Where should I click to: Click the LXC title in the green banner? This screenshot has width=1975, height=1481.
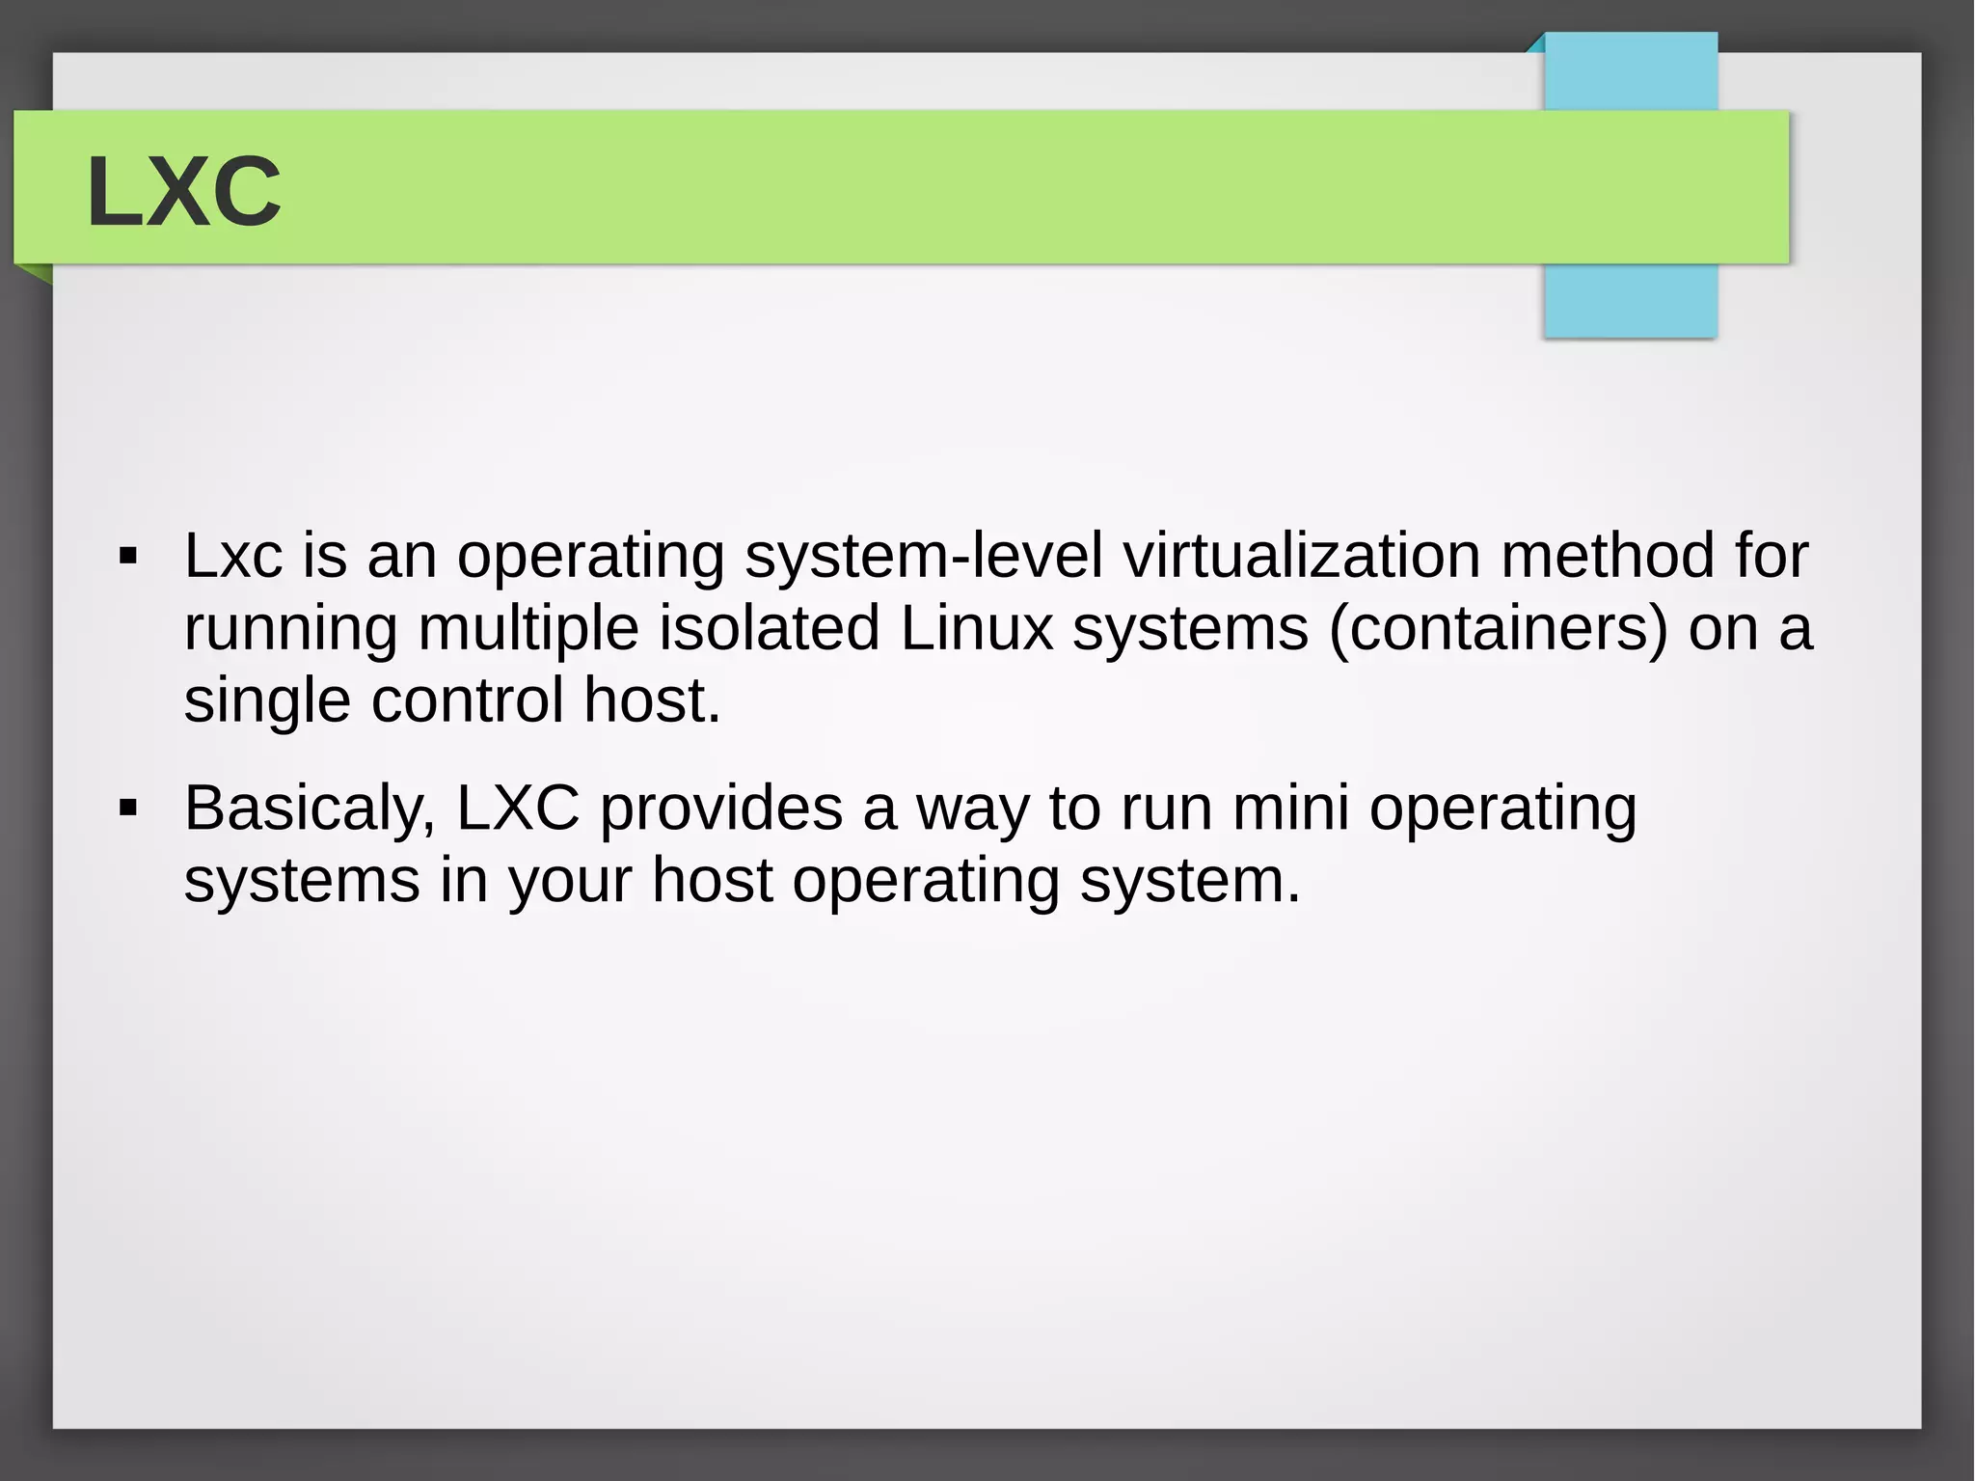click(x=183, y=191)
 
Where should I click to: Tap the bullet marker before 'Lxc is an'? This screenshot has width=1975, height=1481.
click(x=127, y=557)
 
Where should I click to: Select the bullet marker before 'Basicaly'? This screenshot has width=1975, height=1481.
click(x=127, y=809)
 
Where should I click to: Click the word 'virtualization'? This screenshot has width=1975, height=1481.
click(x=1301, y=556)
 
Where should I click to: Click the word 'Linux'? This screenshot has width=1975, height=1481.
click(x=976, y=628)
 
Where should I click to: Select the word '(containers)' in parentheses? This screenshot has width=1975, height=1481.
click(x=1498, y=629)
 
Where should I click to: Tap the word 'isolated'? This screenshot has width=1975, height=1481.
click(x=769, y=628)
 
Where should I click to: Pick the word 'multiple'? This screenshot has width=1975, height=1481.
click(x=528, y=629)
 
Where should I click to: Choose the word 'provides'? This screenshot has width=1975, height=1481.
click(x=721, y=809)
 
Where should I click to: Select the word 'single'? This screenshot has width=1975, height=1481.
click(x=267, y=702)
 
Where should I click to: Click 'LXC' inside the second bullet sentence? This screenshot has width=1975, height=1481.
click(x=518, y=808)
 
